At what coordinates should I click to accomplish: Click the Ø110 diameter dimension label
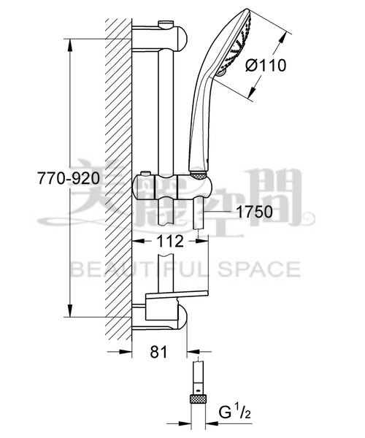coord(266,66)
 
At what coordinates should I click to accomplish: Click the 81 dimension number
coord(158,352)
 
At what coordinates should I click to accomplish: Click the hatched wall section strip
coord(117,182)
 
